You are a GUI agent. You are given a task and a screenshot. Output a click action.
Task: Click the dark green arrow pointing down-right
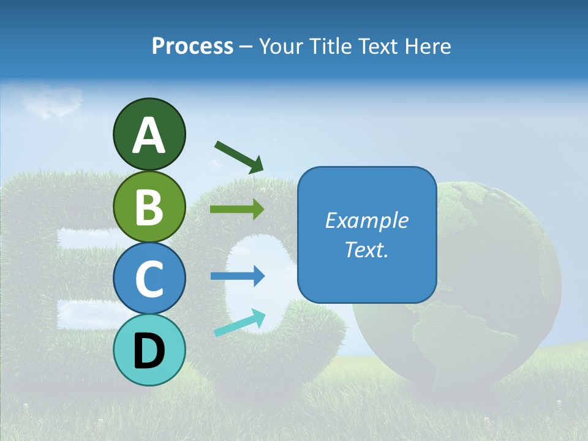(x=239, y=156)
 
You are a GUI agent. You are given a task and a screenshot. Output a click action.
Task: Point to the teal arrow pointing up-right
(x=239, y=323)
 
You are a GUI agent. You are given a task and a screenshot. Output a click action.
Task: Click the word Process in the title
(x=192, y=47)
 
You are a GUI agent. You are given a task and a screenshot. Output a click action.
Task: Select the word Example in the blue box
(x=366, y=221)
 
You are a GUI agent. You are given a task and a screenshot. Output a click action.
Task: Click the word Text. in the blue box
(x=366, y=249)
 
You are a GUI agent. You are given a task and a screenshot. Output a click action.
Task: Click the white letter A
(x=149, y=135)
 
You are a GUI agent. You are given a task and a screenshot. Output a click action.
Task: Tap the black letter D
(x=149, y=351)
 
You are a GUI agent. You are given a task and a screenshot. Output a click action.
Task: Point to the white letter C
(x=149, y=279)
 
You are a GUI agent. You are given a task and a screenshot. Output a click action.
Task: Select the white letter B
(x=149, y=207)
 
